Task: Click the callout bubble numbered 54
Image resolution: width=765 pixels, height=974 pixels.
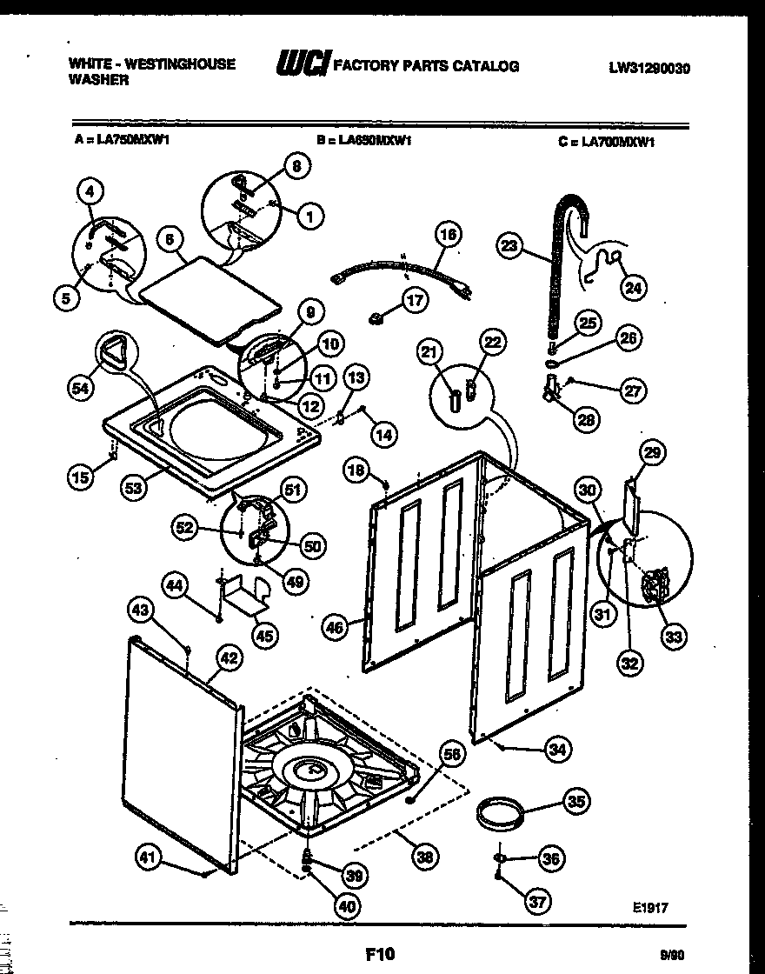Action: [80, 391]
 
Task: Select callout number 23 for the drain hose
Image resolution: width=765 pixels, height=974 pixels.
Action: [510, 246]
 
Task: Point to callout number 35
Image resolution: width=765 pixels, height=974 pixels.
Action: [575, 802]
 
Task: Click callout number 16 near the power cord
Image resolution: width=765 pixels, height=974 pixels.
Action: [447, 234]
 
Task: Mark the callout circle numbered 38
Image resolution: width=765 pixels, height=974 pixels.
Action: [425, 858]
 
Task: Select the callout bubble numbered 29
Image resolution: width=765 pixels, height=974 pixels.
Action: [652, 451]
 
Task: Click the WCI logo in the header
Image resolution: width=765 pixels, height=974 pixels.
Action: [298, 65]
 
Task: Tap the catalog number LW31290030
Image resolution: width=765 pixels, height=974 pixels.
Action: [649, 68]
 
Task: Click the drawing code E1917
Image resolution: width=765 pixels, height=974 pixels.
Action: [650, 907]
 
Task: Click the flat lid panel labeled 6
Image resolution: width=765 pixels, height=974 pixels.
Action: [209, 300]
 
